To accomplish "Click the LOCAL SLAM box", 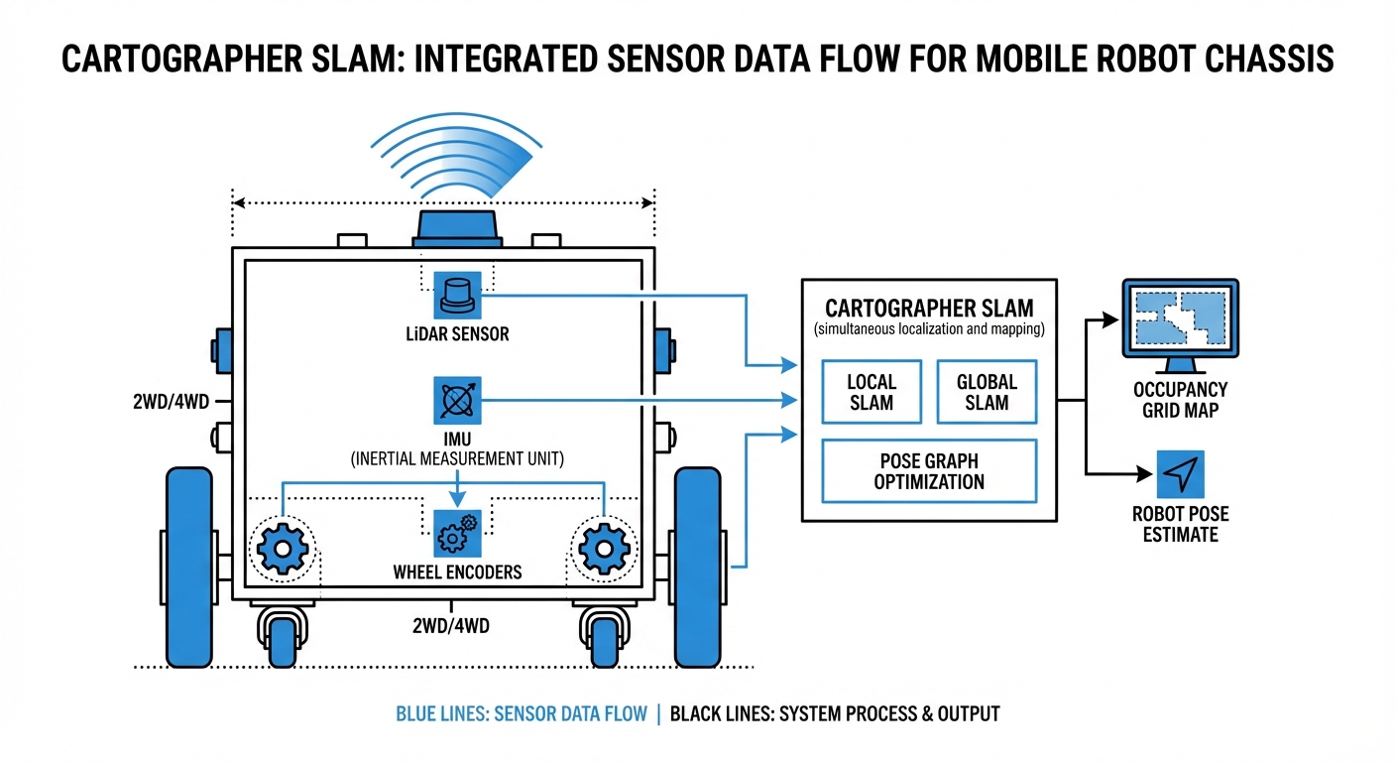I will pyautogui.click(x=872, y=392).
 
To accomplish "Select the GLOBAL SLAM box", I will pyautogui.click(x=987, y=392).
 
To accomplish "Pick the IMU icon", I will pyautogui.click(x=457, y=401).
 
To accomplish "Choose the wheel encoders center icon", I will pyautogui.click(x=457, y=534).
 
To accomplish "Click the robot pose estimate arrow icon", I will pyautogui.click(x=1180, y=475).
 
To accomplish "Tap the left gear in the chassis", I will pyautogui.click(x=283, y=548).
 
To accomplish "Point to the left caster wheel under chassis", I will pyautogui.click(x=282, y=635).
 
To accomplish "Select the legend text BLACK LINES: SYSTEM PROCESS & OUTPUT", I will pyautogui.click(x=835, y=713).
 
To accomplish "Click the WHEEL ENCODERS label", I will pyautogui.click(x=457, y=571).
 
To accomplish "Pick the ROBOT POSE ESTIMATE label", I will pyautogui.click(x=1180, y=524).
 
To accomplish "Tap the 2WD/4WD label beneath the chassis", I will pyautogui.click(x=452, y=626).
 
